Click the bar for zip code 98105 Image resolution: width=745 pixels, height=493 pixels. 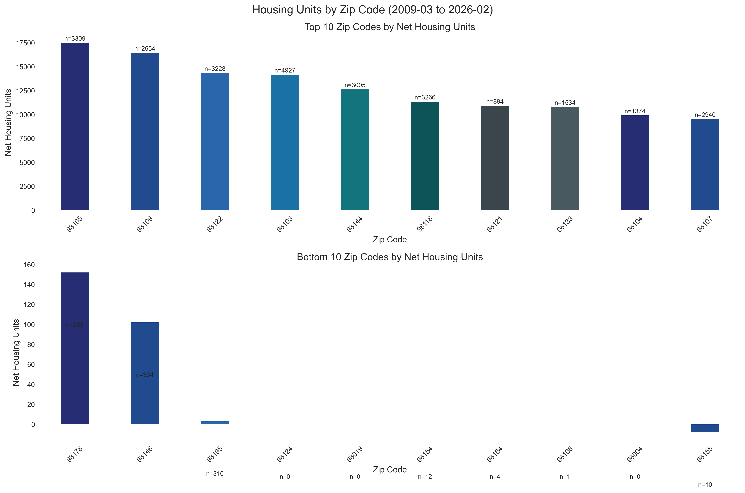[75, 126]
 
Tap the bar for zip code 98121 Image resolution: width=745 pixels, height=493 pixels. [495, 158]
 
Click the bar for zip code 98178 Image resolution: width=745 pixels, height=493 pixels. [75, 348]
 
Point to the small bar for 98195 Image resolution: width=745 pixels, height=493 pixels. [215, 423]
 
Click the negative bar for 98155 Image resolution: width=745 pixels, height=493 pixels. [705, 428]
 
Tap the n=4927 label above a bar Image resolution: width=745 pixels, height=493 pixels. [285, 71]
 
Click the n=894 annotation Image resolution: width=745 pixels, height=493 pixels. [495, 101]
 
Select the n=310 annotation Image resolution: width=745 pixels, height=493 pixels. [215, 474]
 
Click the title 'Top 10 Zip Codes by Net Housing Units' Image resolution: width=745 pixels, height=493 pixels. [390, 27]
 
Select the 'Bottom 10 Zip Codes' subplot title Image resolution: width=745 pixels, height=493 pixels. [390, 257]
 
